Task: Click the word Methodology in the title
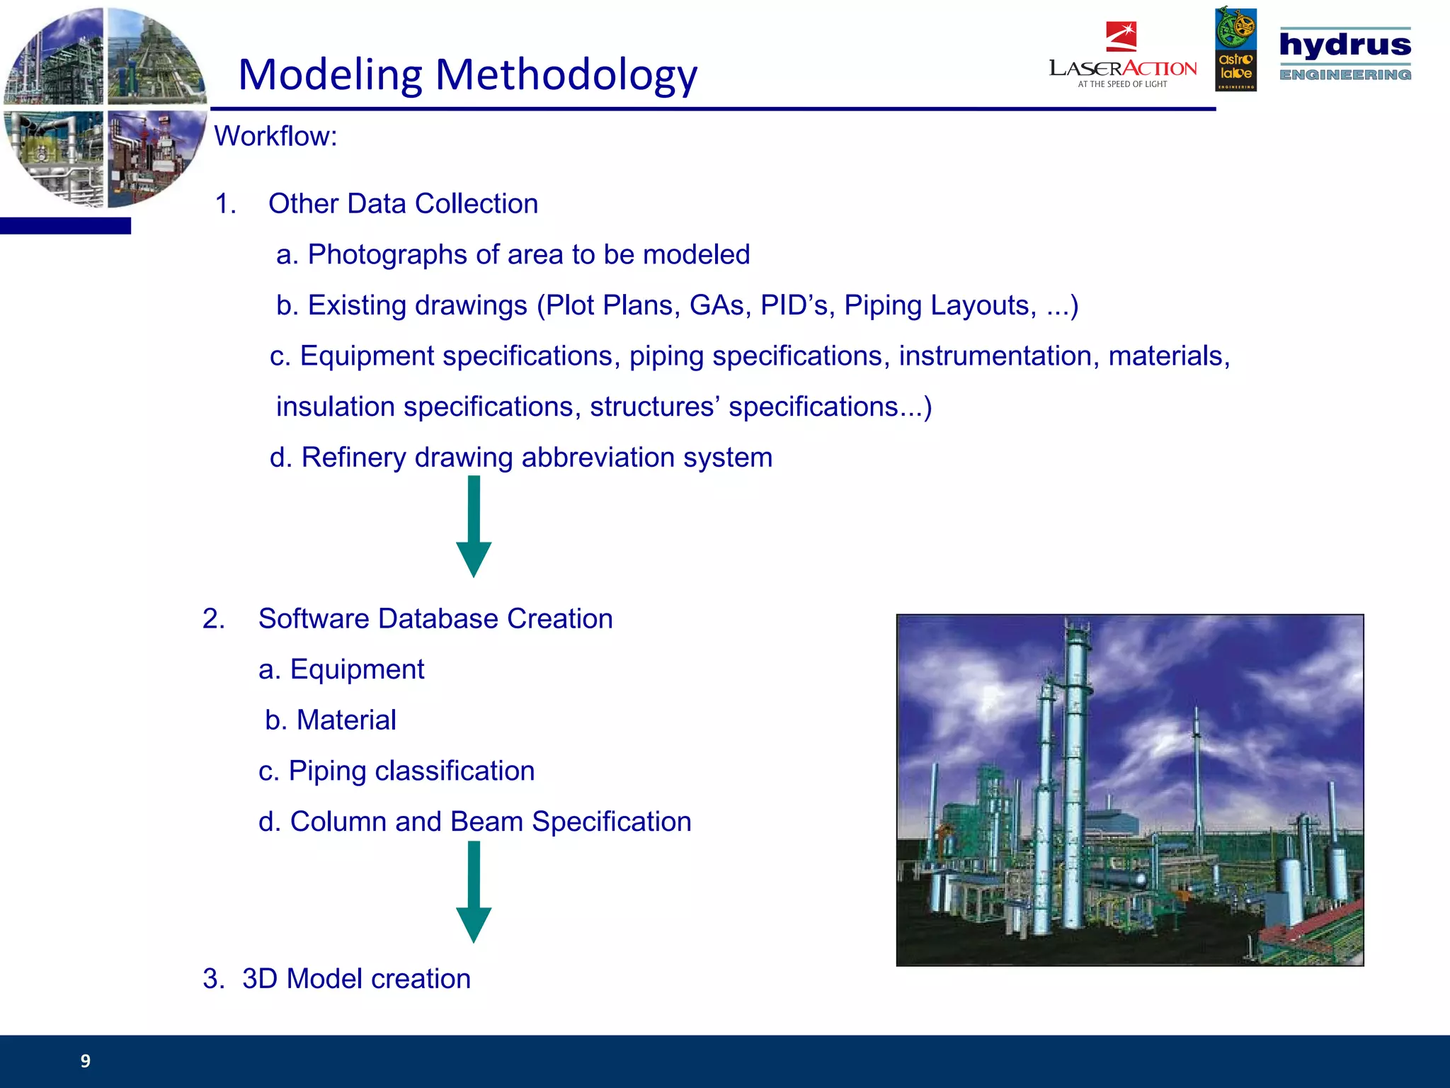(566, 75)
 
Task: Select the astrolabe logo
(1235, 50)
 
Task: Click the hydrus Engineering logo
(1345, 54)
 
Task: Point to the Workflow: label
(275, 136)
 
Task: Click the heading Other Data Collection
(403, 204)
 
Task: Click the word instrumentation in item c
(998, 356)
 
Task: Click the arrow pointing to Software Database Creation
(474, 528)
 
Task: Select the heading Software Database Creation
(435, 619)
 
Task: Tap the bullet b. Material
(331, 720)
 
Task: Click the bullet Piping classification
(411, 771)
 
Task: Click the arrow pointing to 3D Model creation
(474, 892)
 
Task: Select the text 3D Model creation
(356, 979)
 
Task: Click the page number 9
(86, 1060)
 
